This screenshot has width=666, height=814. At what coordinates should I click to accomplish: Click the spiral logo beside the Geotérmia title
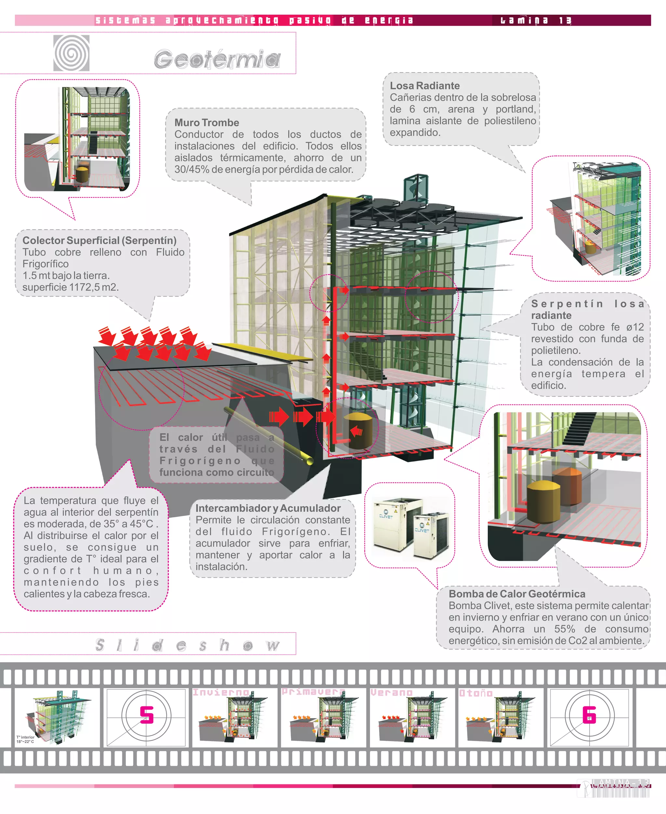click(71, 53)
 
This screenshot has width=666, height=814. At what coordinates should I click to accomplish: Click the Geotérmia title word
click(217, 60)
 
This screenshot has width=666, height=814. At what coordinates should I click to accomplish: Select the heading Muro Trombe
click(206, 123)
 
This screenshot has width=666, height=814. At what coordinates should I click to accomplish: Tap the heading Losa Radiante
click(425, 86)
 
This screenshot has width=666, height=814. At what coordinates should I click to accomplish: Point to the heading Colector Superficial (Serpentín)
click(100, 241)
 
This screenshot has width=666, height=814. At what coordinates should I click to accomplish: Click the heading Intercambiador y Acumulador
click(268, 508)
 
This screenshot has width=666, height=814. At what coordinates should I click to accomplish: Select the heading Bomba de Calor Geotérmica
click(517, 594)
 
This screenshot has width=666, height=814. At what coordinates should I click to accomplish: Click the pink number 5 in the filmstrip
click(147, 715)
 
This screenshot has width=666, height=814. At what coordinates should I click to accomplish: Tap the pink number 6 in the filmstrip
click(589, 715)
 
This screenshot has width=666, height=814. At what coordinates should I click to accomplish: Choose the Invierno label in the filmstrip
click(220, 692)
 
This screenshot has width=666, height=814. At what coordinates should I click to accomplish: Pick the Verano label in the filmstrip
click(391, 693)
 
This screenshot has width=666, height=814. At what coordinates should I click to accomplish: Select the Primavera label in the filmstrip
click(313, 692)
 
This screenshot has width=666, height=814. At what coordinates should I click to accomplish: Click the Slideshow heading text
click(188, 645)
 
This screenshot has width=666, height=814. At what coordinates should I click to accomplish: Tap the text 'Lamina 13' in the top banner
click(536, 20)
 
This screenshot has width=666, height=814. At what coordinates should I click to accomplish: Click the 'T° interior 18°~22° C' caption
click(25, 739)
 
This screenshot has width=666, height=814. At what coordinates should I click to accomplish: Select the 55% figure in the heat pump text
click(564, 629)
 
